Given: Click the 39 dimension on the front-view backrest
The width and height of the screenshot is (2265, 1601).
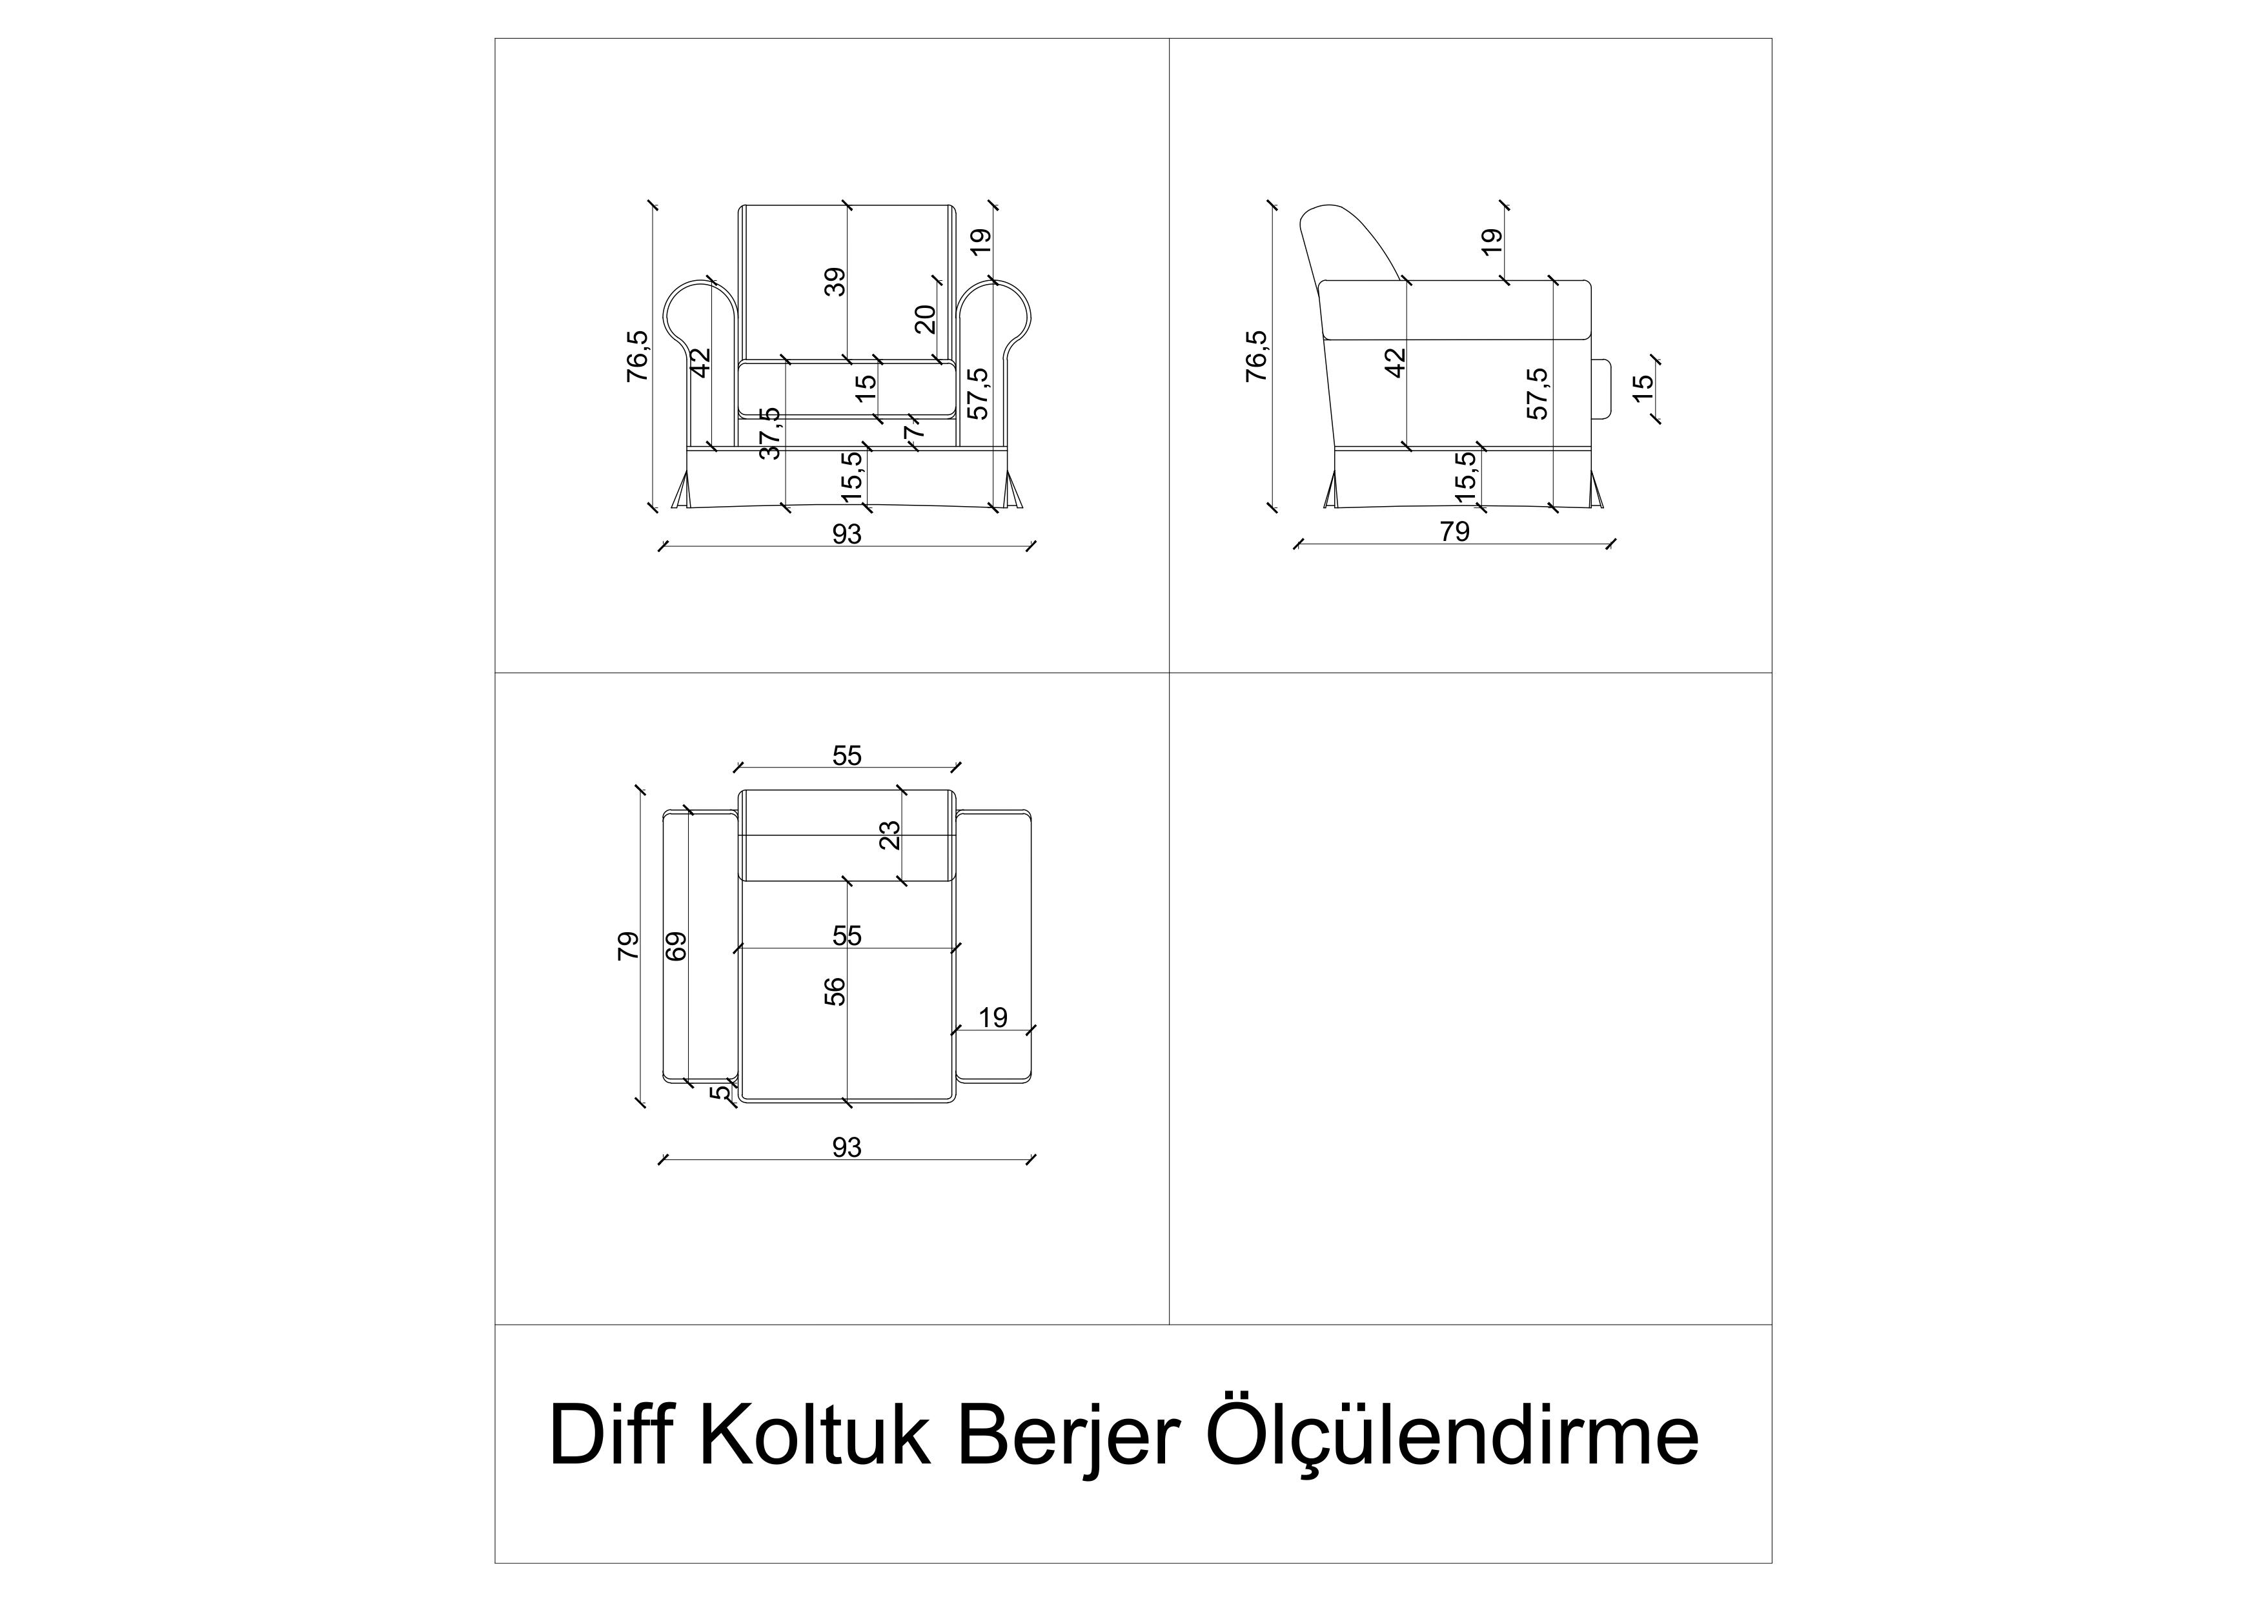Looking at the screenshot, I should pos(835,282).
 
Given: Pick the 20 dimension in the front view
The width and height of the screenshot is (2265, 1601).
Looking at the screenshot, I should pos(924,319).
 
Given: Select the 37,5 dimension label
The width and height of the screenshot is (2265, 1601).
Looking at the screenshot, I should pos(771,433).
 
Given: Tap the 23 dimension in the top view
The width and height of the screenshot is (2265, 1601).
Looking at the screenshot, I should pos(890,835).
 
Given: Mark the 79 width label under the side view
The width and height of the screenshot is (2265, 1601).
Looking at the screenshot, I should pos(1454,532).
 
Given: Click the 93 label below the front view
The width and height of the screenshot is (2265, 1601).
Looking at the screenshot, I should pos(846,534).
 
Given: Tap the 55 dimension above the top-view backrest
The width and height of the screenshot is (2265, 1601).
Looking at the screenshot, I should pos(846,755).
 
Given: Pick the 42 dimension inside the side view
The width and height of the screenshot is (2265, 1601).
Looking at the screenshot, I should pos(1395,362).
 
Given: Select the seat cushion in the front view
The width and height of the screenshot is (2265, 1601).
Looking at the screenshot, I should pos(846,389).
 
